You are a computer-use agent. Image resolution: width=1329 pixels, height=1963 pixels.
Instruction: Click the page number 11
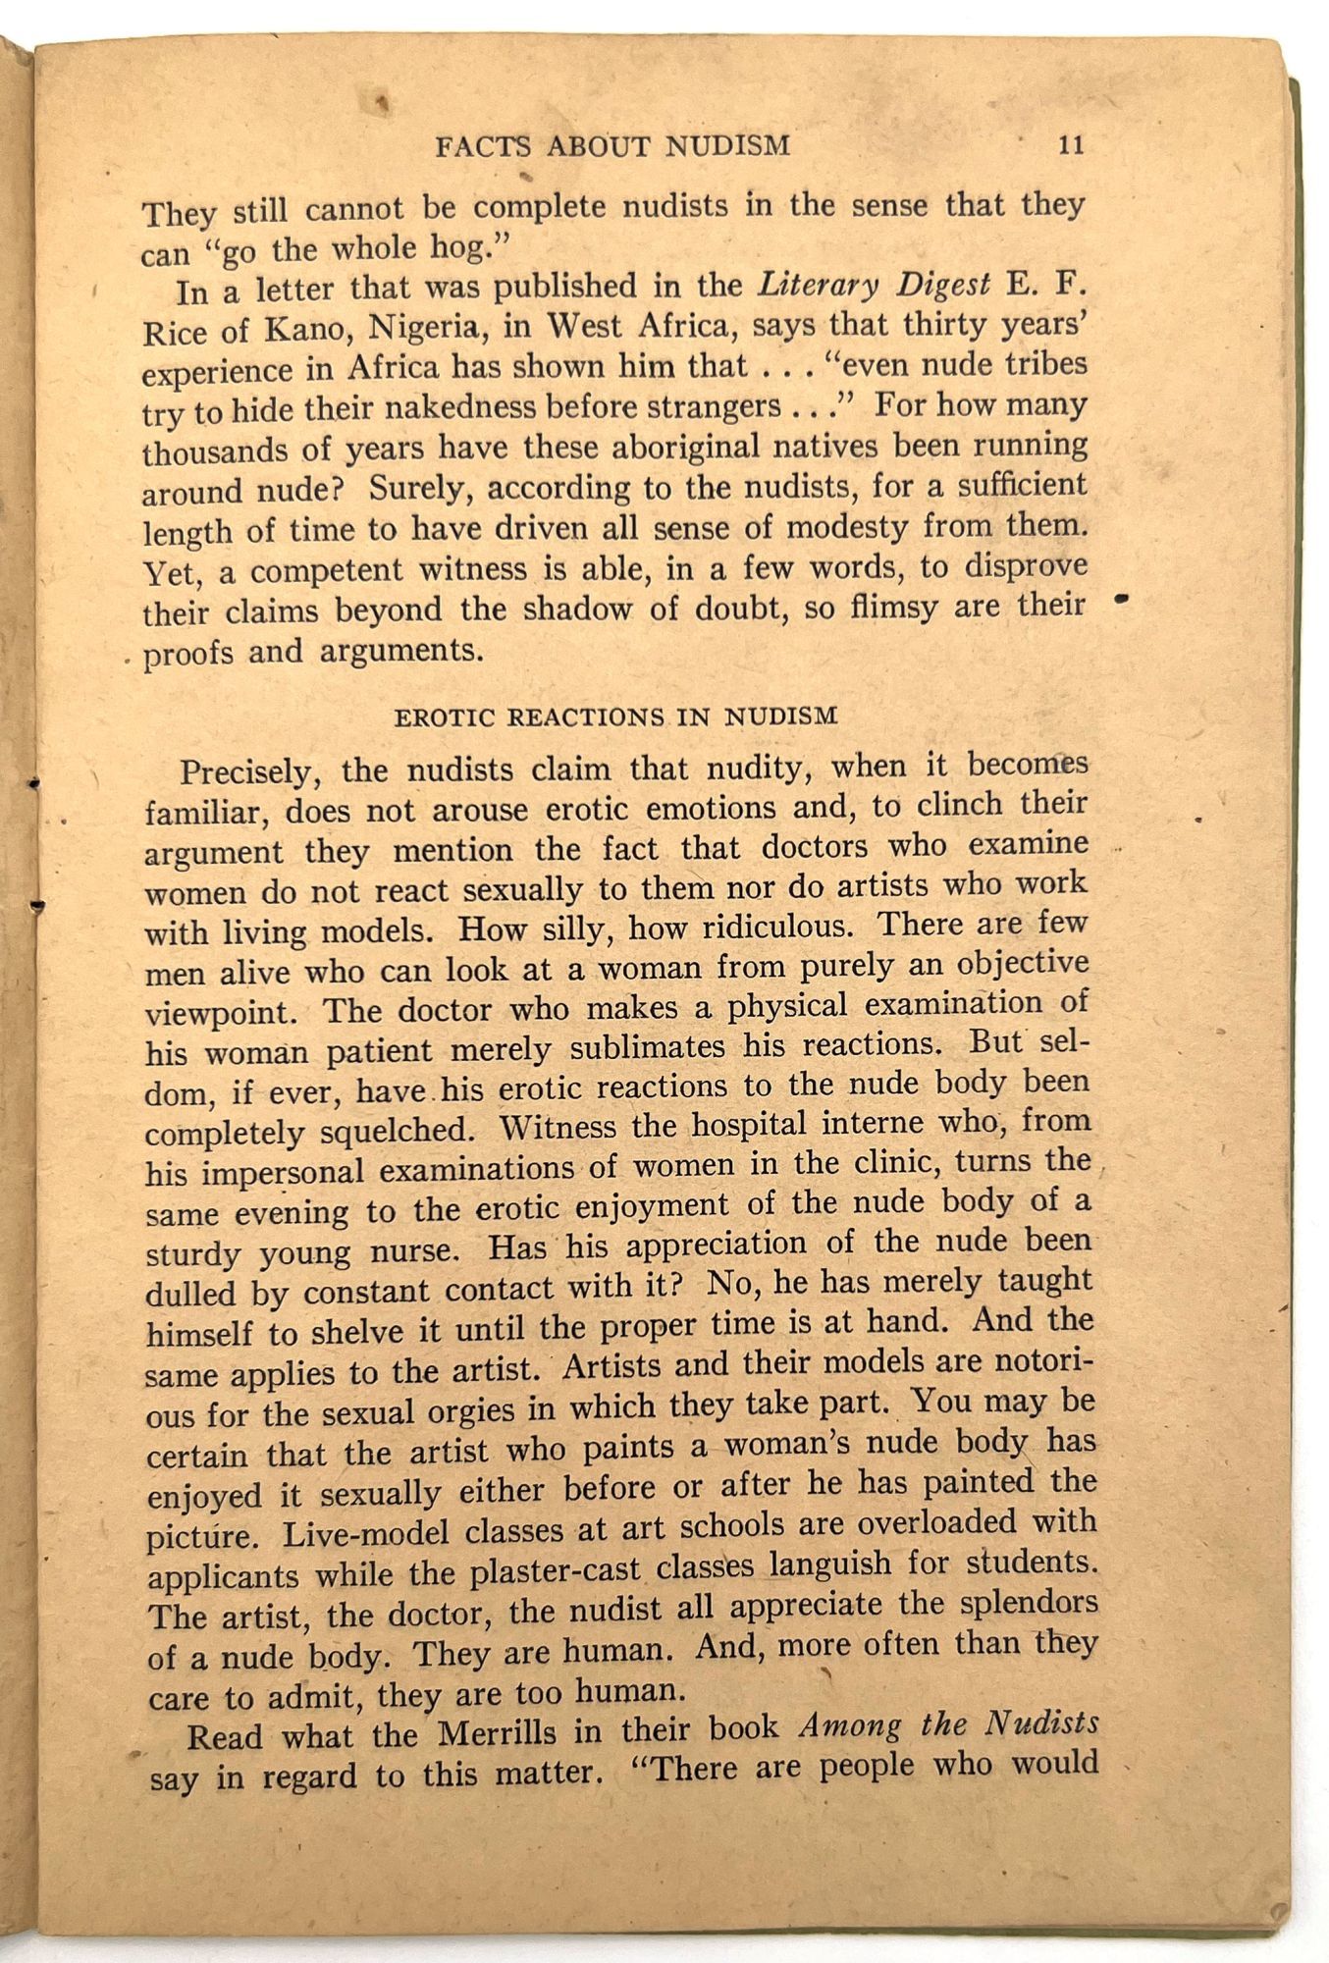click(1071, 144)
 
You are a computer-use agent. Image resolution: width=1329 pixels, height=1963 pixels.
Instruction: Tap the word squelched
click(397, 1130)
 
